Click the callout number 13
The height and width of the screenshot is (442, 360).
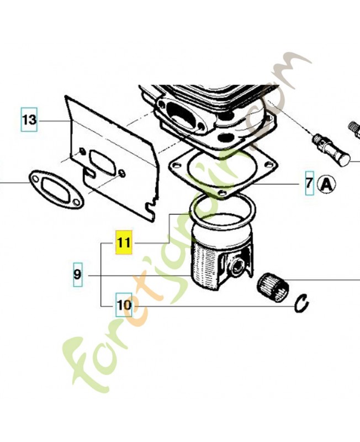click(x=29, y=119)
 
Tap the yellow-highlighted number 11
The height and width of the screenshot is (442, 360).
click(x=124, y=242)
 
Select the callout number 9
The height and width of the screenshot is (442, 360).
click(x=78, y=274)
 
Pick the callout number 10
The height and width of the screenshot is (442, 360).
click(x=124, y=304)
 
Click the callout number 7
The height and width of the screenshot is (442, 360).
click(x=310, y=183)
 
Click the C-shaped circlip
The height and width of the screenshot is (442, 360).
click(x=301, y=303)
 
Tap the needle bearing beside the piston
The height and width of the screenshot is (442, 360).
click(x=273, y=287)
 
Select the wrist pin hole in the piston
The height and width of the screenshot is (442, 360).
click(x=238, y=266)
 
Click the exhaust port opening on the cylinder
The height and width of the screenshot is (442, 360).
click(x=182, y=115)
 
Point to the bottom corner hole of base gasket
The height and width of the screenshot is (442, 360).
click(x=223, y=193)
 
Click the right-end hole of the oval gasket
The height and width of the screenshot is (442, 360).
click(x=76, y=202)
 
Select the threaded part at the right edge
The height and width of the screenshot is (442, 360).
click(x=354, y=129)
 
